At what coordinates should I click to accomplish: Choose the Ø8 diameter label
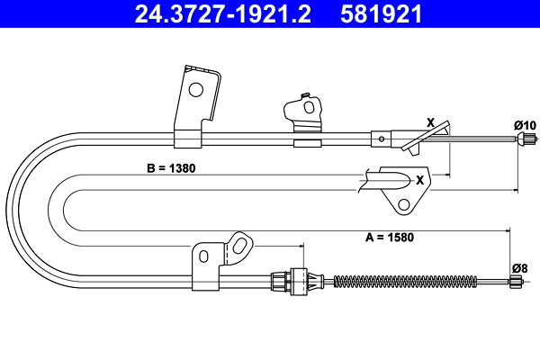tap(519, 267)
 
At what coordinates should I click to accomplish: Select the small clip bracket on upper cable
tap(305, 112)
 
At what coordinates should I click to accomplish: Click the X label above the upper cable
tap(429, 122)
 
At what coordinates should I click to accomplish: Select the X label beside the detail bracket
tap(419, 179)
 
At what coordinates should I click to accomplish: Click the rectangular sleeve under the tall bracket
tap(188, 139)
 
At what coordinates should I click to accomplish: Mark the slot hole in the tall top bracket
tap(196, 88)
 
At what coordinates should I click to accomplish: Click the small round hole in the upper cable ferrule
tap(382, 139)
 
